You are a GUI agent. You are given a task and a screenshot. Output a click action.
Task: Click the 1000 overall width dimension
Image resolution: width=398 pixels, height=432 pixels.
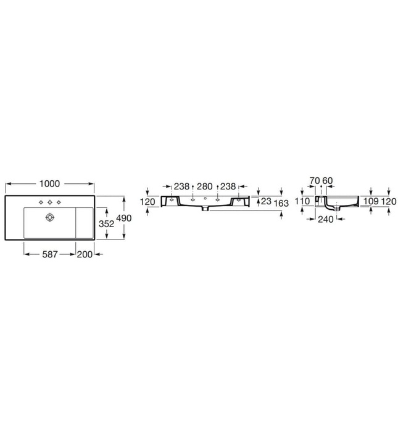[x=49, y=183]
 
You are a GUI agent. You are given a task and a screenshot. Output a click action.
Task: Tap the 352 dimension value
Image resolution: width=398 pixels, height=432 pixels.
[x=106, y=225]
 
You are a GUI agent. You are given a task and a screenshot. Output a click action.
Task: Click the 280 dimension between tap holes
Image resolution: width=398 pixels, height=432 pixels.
[x=204, y=186]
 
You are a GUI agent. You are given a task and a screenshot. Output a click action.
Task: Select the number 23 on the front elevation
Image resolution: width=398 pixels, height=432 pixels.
[x=266, y=201]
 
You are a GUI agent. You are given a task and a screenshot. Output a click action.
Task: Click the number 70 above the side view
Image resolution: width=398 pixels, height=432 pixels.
[x=314, y=181]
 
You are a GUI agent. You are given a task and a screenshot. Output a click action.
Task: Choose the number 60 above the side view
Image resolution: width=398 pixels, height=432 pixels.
[x=328, y=181]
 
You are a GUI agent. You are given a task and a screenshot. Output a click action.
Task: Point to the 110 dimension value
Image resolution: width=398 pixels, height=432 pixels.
[x=302, y=201]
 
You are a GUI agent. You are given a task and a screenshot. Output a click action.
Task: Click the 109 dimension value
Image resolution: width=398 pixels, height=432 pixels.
[x=371, y=201]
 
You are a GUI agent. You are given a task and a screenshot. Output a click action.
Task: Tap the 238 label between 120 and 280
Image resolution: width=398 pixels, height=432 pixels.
[x=181, y=186]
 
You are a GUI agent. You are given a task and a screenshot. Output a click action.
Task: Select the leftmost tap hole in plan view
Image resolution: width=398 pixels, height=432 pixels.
[x=41, y=202]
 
